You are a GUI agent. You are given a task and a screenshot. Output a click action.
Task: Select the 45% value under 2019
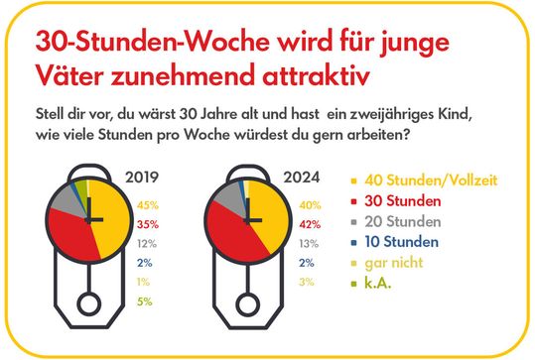point(148,206)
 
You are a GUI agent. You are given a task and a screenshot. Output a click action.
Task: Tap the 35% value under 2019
point(148,224)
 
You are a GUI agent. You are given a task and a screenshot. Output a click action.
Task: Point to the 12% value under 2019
point(148,243)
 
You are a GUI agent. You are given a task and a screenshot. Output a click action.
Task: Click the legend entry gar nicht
point(394,263)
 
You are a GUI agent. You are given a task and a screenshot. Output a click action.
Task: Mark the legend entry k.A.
point(381,284)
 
